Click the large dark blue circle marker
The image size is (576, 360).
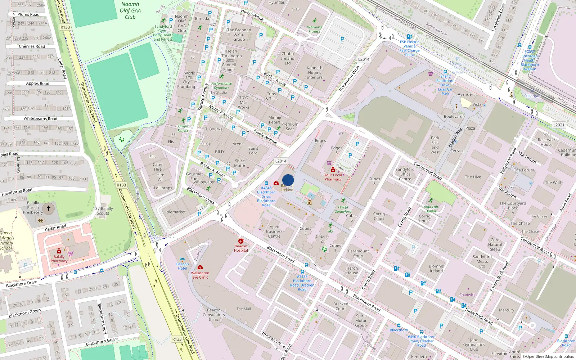coord(288,180)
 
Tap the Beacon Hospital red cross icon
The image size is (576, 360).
coord(241,241)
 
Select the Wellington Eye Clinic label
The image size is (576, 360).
coord(200,275)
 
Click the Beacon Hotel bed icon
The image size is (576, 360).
coord(182,259)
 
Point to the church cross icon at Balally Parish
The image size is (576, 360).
coord(49,208)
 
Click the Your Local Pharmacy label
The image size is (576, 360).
coord(333,177)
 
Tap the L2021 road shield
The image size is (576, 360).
coord(559,125)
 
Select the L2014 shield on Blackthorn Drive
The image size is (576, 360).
coord(364,59)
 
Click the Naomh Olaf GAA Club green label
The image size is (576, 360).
coord(130,10)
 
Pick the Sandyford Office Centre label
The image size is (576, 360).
coord(405,174)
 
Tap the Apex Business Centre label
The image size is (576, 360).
coord(274,231)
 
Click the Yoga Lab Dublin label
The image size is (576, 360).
coord(431,209)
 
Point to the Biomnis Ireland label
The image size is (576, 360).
coord(436,269)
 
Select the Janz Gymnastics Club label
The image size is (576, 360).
coord(474,345)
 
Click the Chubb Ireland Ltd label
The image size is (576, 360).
coord(288,58)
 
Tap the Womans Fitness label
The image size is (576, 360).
coord(314,29)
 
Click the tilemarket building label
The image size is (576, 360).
coord(176,212)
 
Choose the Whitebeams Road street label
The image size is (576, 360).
coord(40,118)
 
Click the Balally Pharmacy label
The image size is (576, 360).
coord(59,259)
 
